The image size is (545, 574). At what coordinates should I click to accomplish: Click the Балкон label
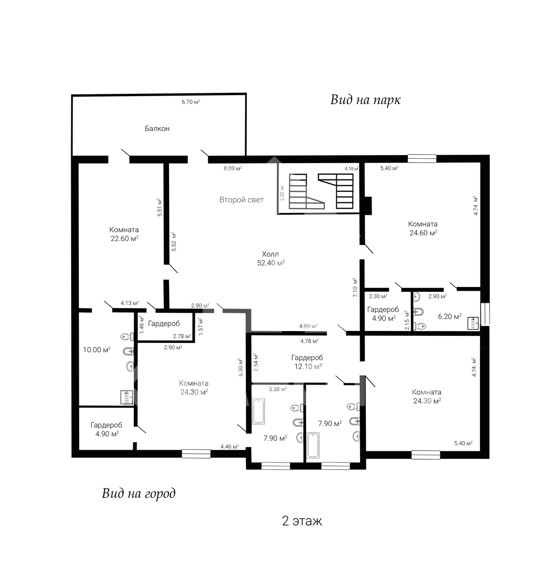pyautogui.click(x=157, y=129)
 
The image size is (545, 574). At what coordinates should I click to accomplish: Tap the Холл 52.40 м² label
pyautogui.click(x=271, y=258)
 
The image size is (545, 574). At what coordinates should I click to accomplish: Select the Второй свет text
pyautogui.click(x=241, y=199)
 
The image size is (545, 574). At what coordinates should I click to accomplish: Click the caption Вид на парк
pyautogui.click(x=365, y=100)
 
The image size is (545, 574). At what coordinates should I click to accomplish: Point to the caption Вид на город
pyautogui.click(x=139, y=493)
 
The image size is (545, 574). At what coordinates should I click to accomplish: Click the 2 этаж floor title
pyautogui.click(x=302, y=520)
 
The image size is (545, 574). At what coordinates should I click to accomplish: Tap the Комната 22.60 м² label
pyautogui.click(x=124, y=234)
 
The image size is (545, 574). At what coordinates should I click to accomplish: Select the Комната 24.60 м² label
pyautogui.click(x=423, y=228)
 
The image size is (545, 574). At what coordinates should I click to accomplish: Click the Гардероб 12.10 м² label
pyautogui.click(x=307, y=362)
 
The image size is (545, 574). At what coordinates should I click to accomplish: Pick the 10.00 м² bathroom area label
pyautogui.click(x=97, y=350)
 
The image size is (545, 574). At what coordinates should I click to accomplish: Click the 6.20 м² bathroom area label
pyautogui.click(x=449, y=316)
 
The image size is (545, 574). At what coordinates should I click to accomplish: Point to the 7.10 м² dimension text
pyautogui.click(x=355, y=287)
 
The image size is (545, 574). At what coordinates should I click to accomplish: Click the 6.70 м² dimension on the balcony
pyautogui.click(x=191, y=102)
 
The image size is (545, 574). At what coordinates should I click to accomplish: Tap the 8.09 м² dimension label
pyautogui.click(x=233, y=168)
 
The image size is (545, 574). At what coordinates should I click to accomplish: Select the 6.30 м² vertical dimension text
pyautogui.click(x=241, y=367)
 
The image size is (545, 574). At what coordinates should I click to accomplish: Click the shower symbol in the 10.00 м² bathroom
pyautogui.click(x=127, y=397)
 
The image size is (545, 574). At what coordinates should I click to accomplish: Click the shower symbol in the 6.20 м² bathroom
pyautogui.click(x=473, y=323)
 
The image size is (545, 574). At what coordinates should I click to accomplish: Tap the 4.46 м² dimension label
pyautogui.click(x=229, y=446)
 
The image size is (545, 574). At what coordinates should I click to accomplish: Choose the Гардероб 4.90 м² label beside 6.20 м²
pyautogui.click(x=383, y=314)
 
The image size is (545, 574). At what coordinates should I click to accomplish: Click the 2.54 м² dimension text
pyautogui.click(x=256, y=362)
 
